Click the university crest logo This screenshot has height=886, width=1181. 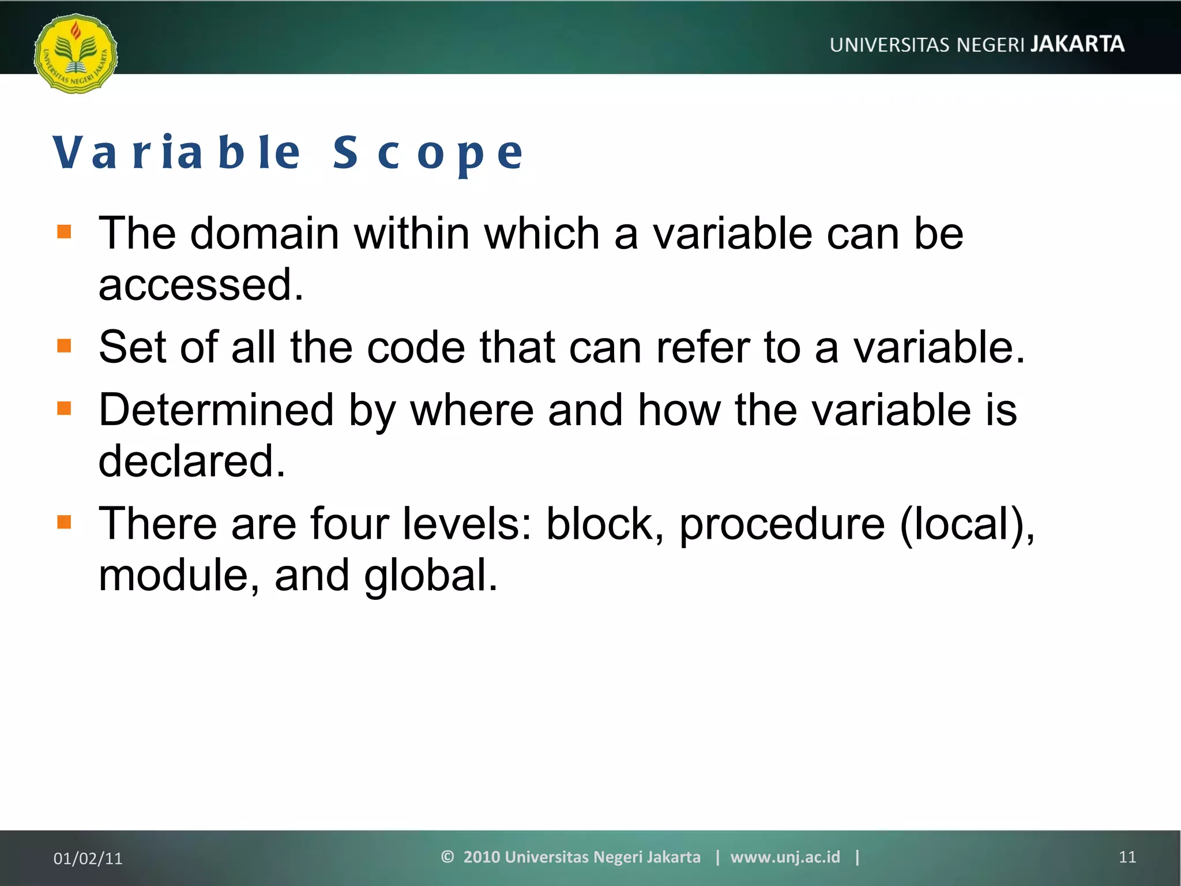tap(76, 54)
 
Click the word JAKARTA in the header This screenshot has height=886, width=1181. tap(1077, 44)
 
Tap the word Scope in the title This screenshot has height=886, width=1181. tap(428, 153)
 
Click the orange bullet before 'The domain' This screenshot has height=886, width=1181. tap(64, 232)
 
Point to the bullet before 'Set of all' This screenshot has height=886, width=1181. tap(64, 346)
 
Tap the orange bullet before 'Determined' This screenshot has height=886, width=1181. tap(64, 408)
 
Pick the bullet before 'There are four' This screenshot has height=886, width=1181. tap(64, 522)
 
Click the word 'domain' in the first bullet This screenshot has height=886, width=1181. tap(265, 234)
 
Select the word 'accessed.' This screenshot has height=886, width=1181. tap(201, 285)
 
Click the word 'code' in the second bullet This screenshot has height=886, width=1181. tap(416, 347)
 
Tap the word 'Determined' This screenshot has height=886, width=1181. tap(216, 410)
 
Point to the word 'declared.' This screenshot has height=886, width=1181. tap(192, 461)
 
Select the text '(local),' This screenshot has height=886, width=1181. tap(967, 524)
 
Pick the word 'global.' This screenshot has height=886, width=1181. tap(430, 576)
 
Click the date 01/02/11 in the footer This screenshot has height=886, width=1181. tap(88, 858)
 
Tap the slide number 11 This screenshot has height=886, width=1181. tap(1127, 857)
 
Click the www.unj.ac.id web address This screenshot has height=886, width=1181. tap(785, 857)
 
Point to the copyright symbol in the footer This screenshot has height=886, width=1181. tap(447, 857)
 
